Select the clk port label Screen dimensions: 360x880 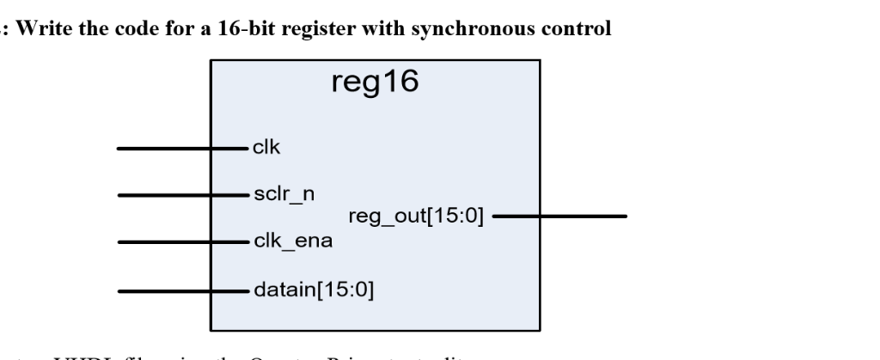266,148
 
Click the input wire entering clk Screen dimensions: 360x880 180,149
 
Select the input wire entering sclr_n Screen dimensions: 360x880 180,195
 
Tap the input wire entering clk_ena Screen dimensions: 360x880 180,242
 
